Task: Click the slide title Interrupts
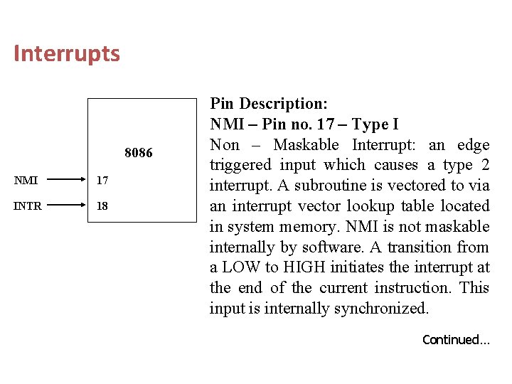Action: click(67, 54)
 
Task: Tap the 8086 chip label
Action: click(139, 153)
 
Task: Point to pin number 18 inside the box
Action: click(102, 206)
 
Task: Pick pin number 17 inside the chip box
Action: click(102, 181)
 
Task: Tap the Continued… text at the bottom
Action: click(456, 340)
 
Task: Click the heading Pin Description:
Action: click(269, 104)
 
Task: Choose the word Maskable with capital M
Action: click(306, 145)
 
